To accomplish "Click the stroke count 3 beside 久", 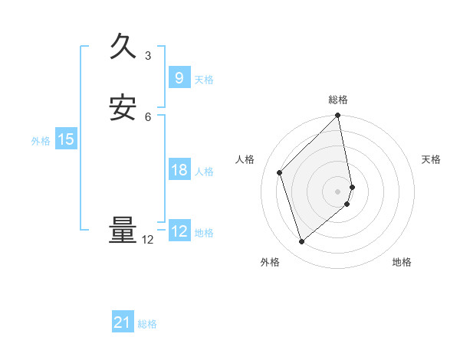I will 148,56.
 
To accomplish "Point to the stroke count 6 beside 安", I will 148,116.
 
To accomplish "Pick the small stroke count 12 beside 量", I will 148,240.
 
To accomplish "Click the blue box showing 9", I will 179,77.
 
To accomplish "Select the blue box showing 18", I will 179,170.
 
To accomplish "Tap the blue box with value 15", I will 65,139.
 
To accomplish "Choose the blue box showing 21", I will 123,322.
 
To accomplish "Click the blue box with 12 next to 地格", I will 179,231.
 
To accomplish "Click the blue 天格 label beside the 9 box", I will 204,80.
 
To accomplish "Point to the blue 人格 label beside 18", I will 204,172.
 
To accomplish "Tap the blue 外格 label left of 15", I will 41,141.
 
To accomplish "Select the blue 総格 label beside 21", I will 147,324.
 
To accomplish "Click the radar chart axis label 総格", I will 338,100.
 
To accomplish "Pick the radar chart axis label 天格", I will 432,159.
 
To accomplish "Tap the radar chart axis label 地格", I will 402,262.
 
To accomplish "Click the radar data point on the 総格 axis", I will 338,116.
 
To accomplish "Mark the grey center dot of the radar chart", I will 338,190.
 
